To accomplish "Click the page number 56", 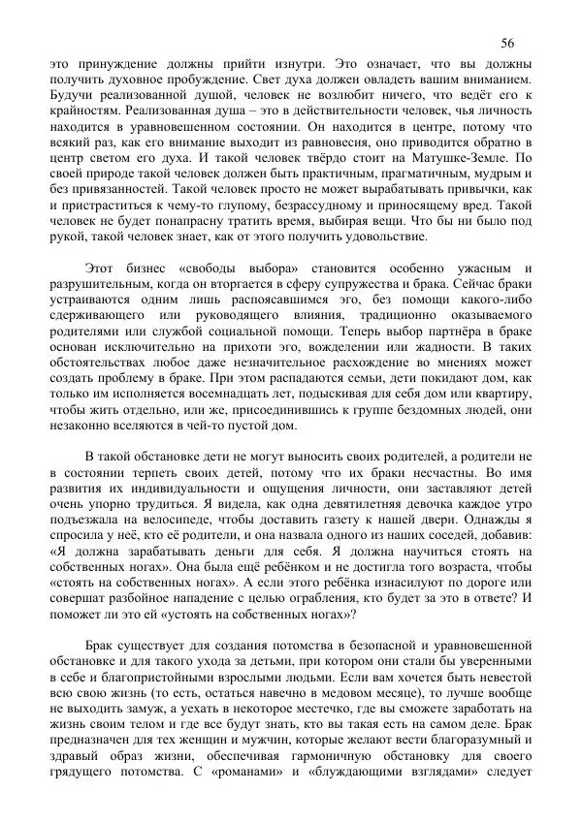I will [508, 43].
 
